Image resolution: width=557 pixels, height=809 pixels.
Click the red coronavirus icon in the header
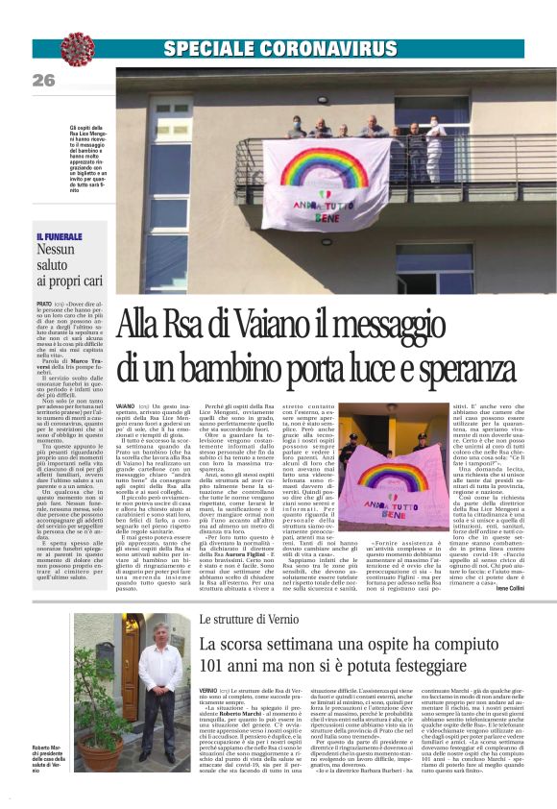(x=76, y=48)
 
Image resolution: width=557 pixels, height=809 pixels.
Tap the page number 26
(x=44, y=81)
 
